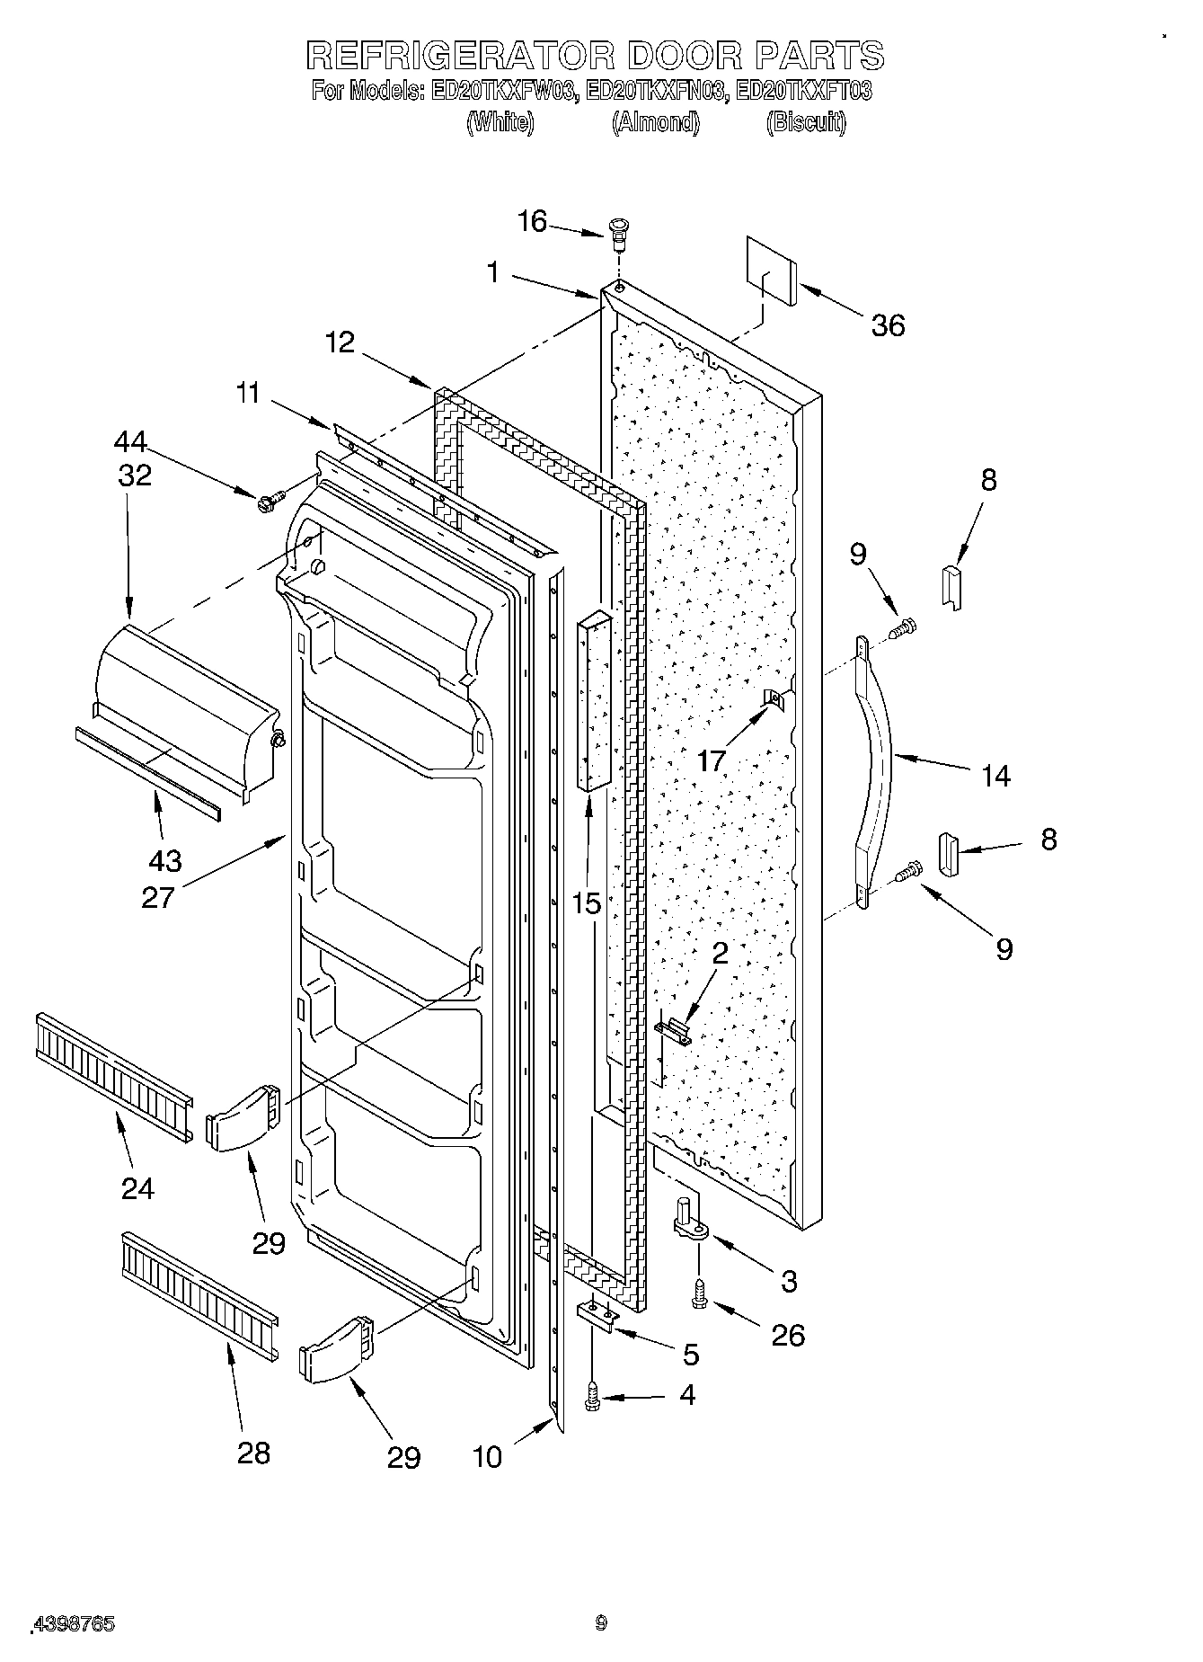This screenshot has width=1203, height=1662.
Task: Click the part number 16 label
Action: (x=533, y=221)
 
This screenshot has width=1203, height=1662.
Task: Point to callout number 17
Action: (x=711, y=760)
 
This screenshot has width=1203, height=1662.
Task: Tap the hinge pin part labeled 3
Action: (x=687, y=1222)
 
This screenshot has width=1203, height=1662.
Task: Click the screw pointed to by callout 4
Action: (x=591, y=1394)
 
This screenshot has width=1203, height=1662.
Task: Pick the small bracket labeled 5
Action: (x=597, y=1315)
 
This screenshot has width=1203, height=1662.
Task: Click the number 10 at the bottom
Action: (x=487, y=1456)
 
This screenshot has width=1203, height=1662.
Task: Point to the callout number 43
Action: (x=164, y=860)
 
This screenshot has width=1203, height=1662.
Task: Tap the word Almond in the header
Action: (x=655, y=122)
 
